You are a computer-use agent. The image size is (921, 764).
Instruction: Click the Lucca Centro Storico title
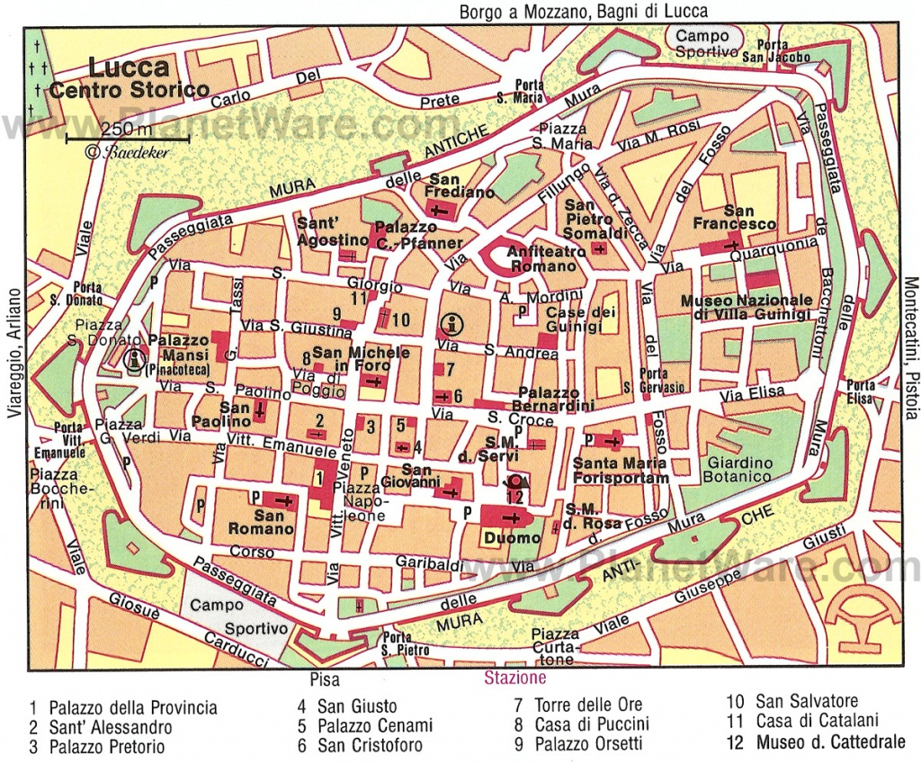coord(129,78)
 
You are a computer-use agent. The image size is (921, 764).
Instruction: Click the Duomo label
coord(511,538)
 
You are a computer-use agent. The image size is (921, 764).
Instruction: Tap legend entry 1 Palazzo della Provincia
coord(124,708)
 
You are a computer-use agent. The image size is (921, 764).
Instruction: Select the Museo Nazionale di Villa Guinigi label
coord(746,307)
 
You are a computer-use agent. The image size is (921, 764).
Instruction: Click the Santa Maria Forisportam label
coord(620,471)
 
